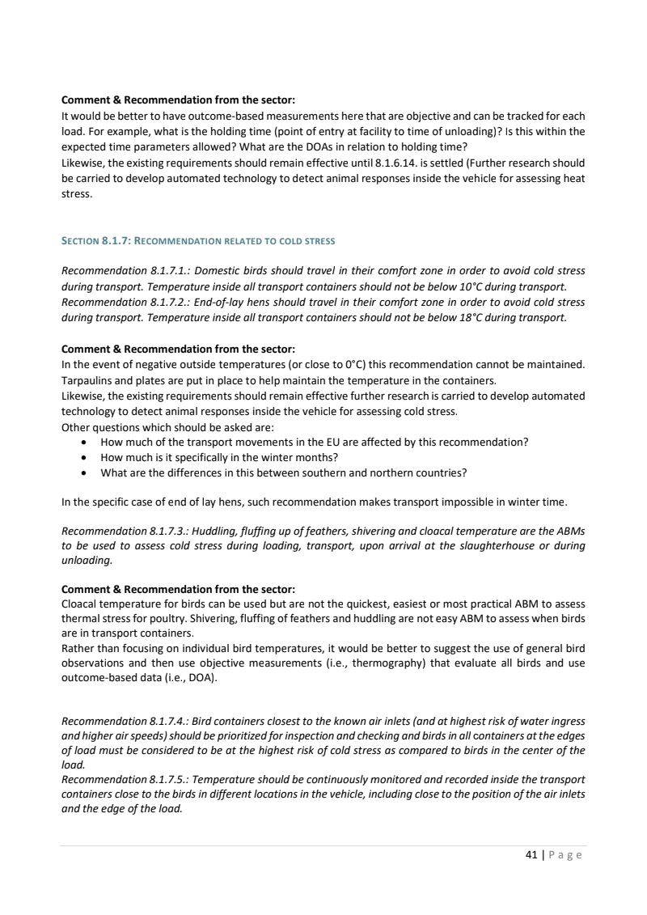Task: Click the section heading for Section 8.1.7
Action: click(x=198, y=241)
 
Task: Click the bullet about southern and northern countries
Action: click(x=283, y=472)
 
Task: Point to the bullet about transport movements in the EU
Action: click(x=314, y=442)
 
